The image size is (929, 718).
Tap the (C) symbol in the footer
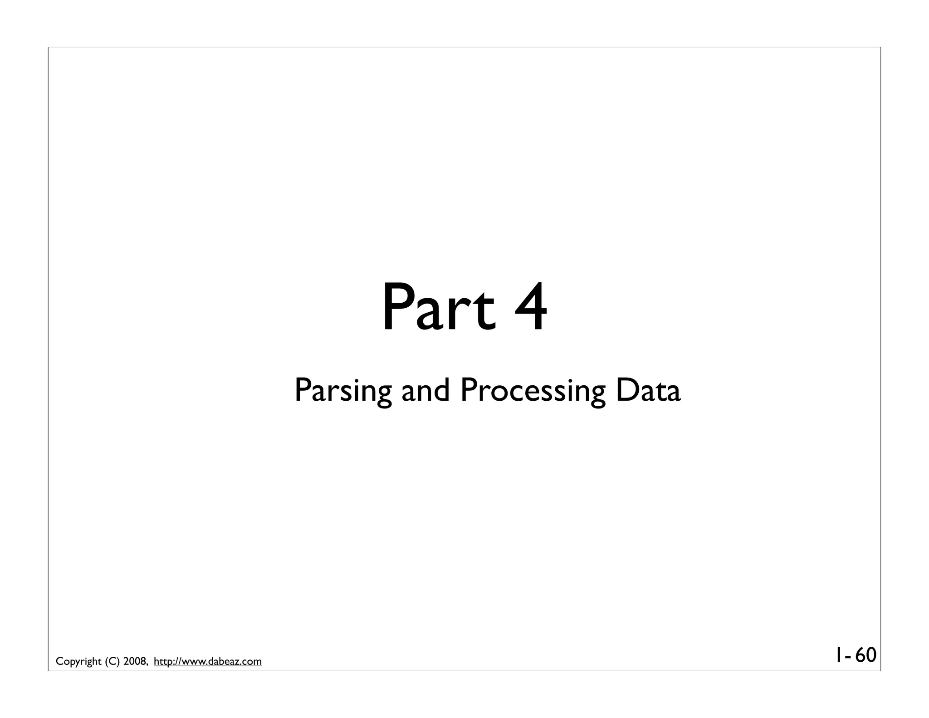coord(112,662)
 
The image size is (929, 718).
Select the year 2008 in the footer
coord(135,662)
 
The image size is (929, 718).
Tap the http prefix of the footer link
coord(164,662)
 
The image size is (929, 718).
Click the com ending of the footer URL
coord(253,662)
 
